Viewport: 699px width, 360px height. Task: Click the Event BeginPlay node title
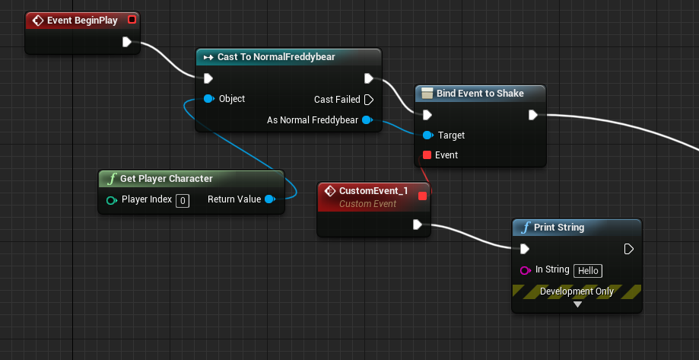tap(82, 21)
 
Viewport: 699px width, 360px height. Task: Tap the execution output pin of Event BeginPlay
tap(127, 42)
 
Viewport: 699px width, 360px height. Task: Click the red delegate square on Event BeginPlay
tap(132, 20)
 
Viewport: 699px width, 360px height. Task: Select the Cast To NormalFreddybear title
tap(276, 57)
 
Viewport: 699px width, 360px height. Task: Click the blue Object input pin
tap(208, 99)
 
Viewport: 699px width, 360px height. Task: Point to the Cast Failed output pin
tap(369, 100)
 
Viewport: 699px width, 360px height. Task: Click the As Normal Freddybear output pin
tap(367, 120)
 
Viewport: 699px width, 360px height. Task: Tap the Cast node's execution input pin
tap(208, 78)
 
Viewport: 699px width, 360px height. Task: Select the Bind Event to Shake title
tap(480, 94)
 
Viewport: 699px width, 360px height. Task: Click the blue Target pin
tap(427, 135)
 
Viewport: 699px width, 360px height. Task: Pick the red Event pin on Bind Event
tap(427, 155)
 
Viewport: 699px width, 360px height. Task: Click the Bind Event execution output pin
tap(533, 115)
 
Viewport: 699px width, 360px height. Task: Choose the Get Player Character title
tap(166, 179)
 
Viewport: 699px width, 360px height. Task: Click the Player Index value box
tap(183, 201)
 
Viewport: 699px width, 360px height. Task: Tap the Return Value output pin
tap(269, 199)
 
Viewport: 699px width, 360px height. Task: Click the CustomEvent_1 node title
tap(373, 191)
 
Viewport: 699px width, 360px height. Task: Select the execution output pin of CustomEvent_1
tap(417, 225)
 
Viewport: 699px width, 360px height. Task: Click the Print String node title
tap(559, 228)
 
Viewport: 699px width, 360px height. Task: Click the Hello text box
tap(588, 270)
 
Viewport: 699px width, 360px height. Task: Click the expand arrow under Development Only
tap(577, 304)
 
